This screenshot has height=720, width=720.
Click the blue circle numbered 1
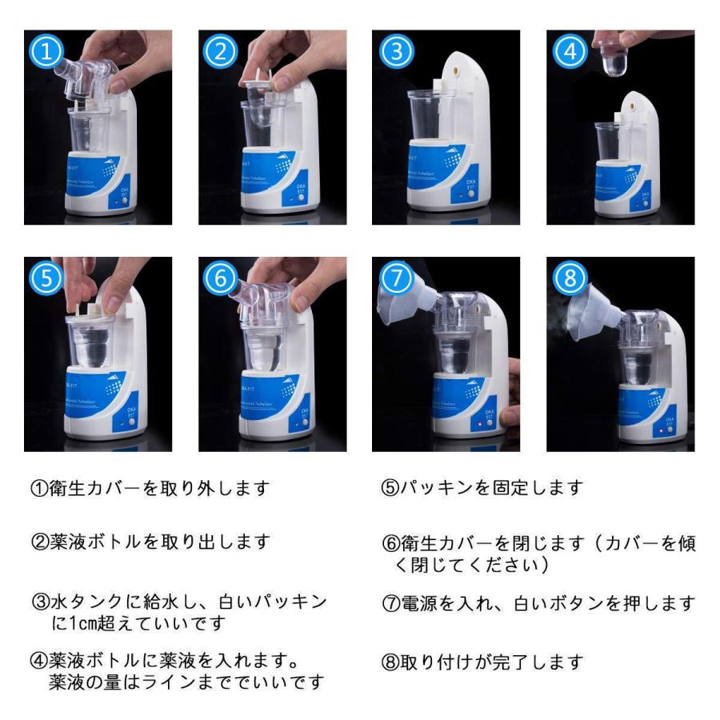pyautogui.click(x=46, y=51)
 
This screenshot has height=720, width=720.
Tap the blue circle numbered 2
pyautogui.click(x=221, y=51)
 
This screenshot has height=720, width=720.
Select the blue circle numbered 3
pyautogui.click(x=396, y=51)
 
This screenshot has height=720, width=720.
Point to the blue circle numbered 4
pyautogui.click(x=570, y=51)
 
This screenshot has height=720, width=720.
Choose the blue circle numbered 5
pyautogui.click(x=46, y=278)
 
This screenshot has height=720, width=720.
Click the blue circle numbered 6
pyautogui.click(x=221, y=278)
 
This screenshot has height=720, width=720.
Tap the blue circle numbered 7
pyautogui.click(x=396, y=278)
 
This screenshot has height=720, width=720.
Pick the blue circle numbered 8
pyautogui.click(x=570, y=278)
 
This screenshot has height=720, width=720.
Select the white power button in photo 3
pyautogui.click(x=471, y=194)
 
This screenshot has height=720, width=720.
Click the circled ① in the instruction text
pyautogui.click(x=39, y=488)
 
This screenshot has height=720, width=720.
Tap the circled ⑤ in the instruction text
pyautogui.click(x=390, y=488)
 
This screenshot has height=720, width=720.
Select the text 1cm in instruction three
pyautogui.click(x=79, y=623)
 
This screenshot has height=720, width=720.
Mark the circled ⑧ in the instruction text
pyautogui.click(x=390, y=662)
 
